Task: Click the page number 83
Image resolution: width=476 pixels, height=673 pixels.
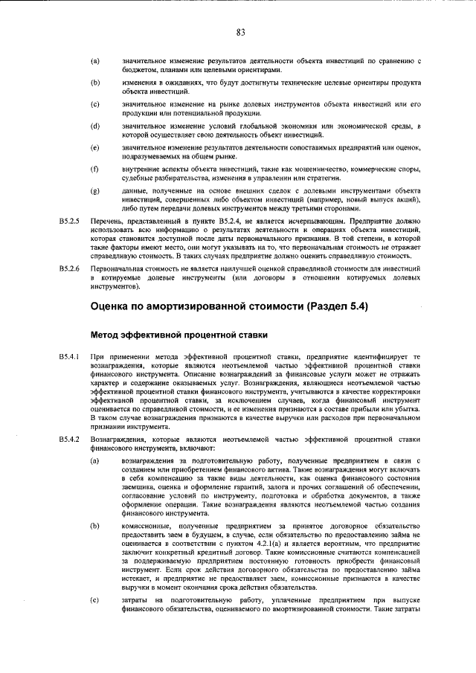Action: (x=241, y=32)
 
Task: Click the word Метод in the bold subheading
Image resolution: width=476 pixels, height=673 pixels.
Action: (x=106, y=335)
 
